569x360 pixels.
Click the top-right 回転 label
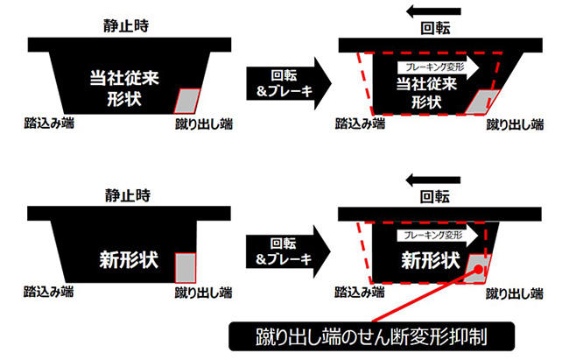[x=434, y=26]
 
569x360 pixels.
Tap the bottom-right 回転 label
[x=434, y=194]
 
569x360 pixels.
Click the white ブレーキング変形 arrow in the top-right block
[x=435, y=65]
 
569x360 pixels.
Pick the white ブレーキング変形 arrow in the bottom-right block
[x=435, y=235]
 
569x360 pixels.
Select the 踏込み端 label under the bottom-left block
[x=49, y=290]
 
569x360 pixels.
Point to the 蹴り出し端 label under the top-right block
[x=515, y=124]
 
